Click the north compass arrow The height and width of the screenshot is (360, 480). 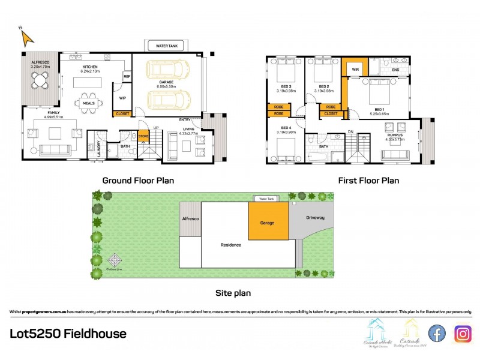coord(27,38)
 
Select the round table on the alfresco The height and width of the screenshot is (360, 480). coord(41,80)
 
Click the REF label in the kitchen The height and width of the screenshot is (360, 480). coord(127,77)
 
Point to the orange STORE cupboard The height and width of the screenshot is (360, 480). coord(143,136)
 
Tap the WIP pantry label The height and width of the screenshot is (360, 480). coord(122,98)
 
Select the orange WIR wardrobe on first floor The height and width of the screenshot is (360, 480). coord(354,68)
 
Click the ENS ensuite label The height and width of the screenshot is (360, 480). coord(395,70)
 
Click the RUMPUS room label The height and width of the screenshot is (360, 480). coord(394,135)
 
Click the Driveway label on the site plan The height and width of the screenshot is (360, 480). coord(315,218)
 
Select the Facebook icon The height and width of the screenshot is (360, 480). coord(437,333)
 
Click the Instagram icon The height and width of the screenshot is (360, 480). coord(463,333)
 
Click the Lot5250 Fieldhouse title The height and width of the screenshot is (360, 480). coord(68,334)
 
